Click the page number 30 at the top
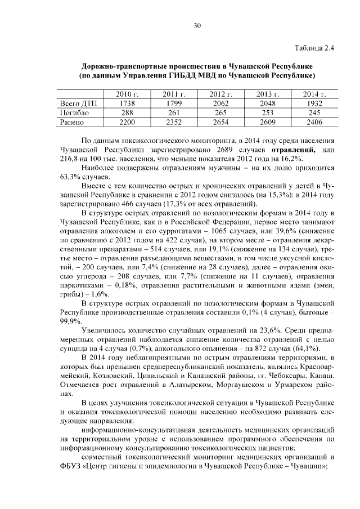point(197,25)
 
